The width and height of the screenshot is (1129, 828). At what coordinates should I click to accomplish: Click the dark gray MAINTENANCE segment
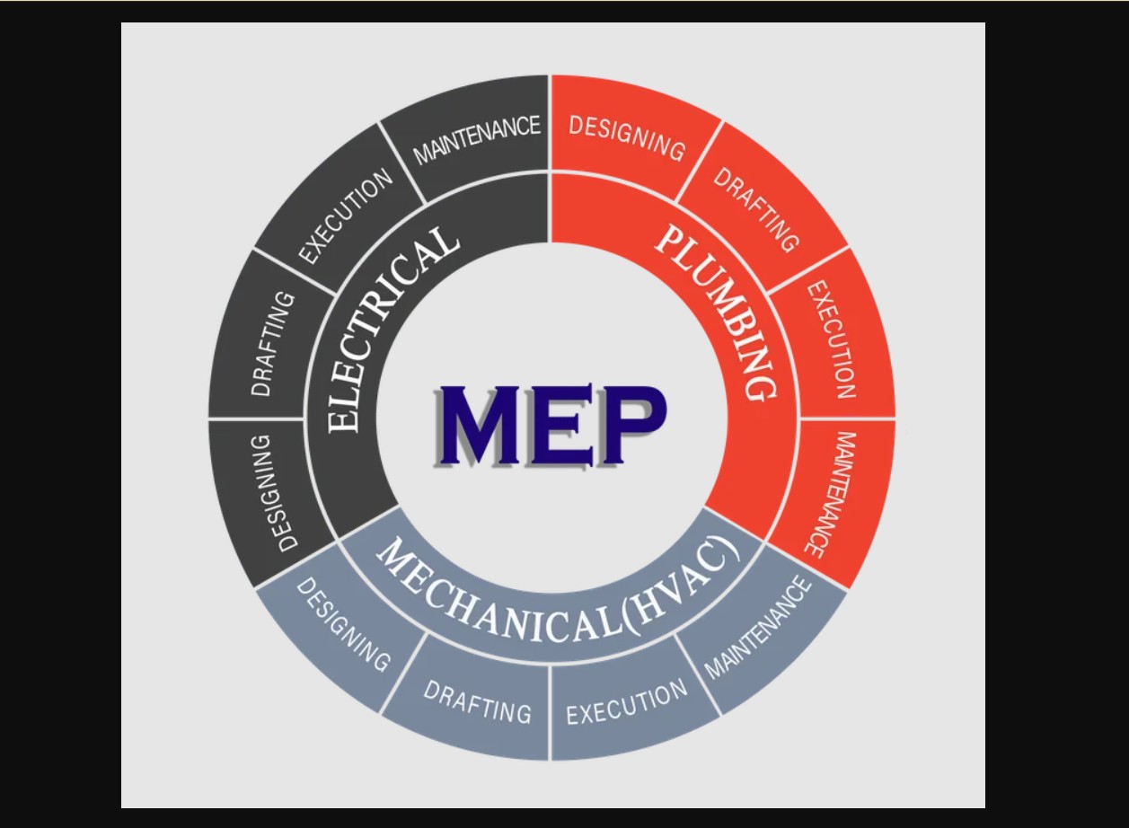click(x=477, y=138)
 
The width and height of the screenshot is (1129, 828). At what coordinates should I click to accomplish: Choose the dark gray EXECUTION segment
click(x=346, y=216)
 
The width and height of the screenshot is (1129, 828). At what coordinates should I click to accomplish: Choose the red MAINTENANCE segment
click(x=832, y=494)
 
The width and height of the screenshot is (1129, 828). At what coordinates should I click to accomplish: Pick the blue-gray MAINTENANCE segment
click(x=758, y=629)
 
